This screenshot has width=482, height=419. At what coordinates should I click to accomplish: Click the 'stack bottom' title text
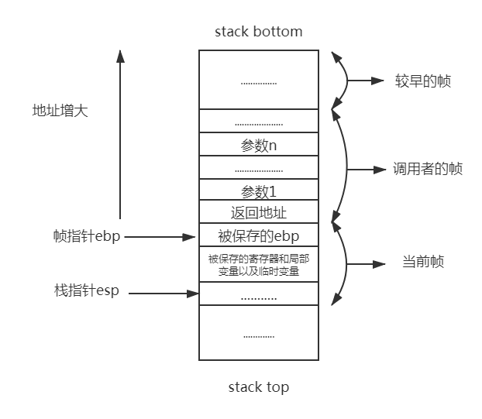click(x=258, y=32)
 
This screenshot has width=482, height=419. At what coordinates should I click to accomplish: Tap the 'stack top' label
click(x=258, y=386)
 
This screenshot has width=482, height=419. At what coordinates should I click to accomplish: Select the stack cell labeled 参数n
click(x=258, y=145)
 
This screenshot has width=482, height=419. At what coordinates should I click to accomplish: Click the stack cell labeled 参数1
click(x=258, y=190)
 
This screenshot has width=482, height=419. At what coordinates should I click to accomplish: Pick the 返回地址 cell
click(x=258, y=212)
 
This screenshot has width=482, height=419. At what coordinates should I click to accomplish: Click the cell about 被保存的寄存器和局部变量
click(x=258, y=265)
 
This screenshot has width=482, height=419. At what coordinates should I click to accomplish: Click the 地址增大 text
click(x=60, y=110)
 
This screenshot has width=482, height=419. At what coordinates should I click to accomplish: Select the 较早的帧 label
click(x=422, y=81)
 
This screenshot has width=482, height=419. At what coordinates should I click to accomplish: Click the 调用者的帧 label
click(x=428, y=169)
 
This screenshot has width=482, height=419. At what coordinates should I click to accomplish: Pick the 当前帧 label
click(x=422, y=263)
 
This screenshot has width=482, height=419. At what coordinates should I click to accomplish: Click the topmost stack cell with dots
click(x=258, y=81)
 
